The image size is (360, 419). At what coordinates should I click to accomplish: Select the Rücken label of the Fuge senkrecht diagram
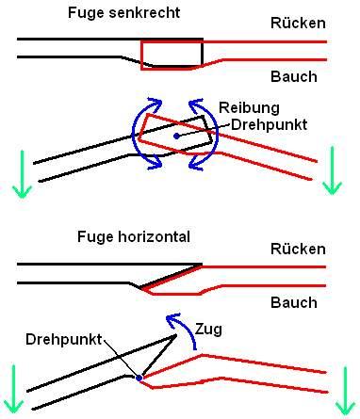point(298,23)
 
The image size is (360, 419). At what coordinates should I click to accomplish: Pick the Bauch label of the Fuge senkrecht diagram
point(294,76)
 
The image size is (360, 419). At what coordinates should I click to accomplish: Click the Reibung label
point(249,107)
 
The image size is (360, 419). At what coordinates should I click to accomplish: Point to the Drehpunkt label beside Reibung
point(269,124)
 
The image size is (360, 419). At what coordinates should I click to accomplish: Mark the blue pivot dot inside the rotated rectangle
point(177,136)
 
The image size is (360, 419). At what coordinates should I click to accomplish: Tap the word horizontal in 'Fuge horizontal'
point(154,236)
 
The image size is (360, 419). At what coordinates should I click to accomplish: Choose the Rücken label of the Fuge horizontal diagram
point(298,249)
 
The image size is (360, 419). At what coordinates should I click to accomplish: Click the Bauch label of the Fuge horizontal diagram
point(294,302)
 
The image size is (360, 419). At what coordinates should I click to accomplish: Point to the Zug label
point(208,330)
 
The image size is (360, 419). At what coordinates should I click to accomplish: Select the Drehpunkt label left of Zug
point(64,339)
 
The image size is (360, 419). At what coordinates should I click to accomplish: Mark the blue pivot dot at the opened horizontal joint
point(139,378)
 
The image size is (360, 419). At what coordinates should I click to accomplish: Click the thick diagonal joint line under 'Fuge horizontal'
point(172,276)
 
